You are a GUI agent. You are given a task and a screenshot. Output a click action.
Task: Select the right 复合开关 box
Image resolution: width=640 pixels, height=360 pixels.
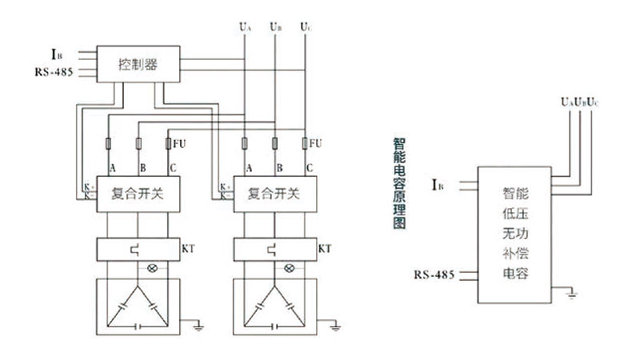(x=274, y=193)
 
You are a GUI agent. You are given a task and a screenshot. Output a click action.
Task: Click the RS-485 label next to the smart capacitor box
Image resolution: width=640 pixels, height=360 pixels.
(x=434, y=275)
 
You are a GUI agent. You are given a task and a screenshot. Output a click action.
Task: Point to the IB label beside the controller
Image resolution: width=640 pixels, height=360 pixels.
(x=56, y=54)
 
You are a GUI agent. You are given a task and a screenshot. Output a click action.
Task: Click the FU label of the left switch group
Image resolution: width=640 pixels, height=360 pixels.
(x=181, y=144)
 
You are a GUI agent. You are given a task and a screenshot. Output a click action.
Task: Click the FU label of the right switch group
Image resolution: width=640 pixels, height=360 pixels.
(x=317, y=144)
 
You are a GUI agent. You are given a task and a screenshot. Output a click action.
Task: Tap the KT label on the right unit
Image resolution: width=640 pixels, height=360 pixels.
(x=325, y=249)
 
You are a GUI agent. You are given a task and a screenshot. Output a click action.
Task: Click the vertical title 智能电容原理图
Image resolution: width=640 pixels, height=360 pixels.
(x=399, y=183)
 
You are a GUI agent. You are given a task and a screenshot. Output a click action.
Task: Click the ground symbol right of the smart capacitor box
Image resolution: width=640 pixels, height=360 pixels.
(x=571, y=296)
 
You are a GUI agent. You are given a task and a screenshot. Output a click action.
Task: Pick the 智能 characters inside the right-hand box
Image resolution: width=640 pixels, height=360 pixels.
(x=515, y=193)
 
